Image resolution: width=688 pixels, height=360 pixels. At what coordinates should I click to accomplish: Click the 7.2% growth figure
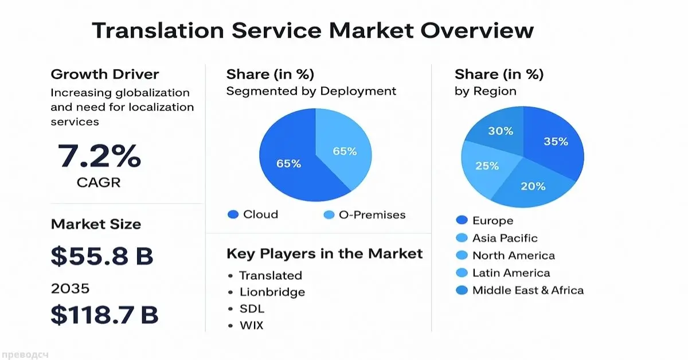99,156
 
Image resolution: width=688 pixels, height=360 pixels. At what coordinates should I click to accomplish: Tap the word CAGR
99,183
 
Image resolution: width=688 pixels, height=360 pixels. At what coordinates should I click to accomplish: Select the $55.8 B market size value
102,256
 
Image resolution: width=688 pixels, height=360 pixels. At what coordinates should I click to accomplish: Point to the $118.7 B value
104,314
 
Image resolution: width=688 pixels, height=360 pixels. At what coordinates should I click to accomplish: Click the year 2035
70,288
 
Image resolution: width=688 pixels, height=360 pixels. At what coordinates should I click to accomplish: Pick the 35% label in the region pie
556,141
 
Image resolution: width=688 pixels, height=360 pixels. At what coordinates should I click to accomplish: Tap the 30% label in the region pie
501,131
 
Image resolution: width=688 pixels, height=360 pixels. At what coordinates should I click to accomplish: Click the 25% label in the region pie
487,166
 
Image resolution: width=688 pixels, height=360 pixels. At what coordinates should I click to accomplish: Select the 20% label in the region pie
533,186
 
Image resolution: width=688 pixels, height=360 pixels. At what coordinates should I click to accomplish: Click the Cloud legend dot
233,215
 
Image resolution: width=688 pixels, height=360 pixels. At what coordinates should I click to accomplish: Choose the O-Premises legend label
372,215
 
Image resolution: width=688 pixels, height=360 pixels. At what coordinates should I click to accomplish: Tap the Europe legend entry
492,221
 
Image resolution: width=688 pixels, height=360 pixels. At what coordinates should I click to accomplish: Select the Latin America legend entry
510,273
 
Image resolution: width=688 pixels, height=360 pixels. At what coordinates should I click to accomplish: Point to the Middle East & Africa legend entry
527,290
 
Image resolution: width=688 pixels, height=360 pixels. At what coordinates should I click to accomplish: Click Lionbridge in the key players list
272,292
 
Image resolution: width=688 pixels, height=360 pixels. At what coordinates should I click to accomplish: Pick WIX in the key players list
252,326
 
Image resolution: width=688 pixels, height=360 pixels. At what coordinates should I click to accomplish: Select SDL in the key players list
252,309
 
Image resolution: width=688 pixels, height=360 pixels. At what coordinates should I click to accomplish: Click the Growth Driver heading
105,74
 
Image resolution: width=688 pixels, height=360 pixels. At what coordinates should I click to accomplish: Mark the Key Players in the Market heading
325,253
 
